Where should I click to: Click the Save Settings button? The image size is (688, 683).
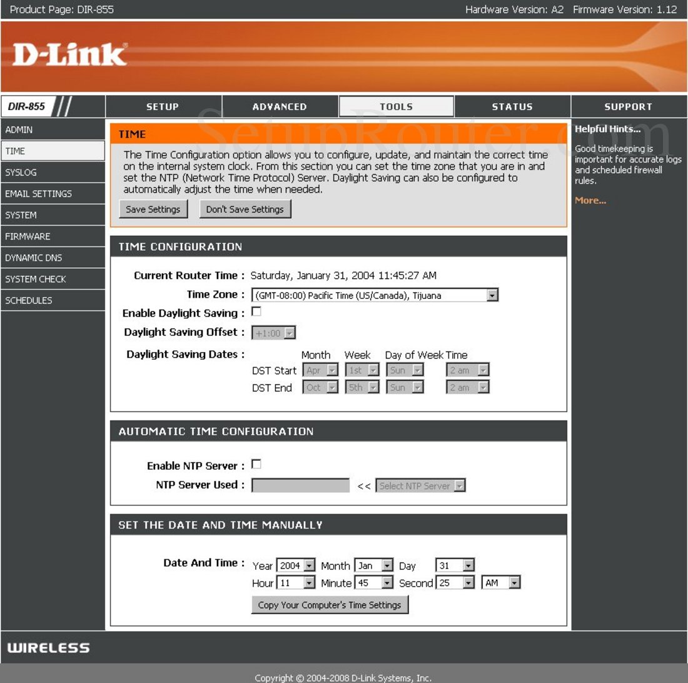(153, 210)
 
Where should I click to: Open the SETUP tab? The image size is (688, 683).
(163, 106)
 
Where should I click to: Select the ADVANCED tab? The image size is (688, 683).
(280, 106)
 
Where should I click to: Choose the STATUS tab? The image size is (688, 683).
(512, 106)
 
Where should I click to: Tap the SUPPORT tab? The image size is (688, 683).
(629, 106)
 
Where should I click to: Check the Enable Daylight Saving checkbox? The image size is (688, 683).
(256, 311)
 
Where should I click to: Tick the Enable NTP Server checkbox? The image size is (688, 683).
(256, 464)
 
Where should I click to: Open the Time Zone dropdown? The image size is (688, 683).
(375, 295)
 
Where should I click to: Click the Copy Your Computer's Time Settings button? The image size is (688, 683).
(330, 605)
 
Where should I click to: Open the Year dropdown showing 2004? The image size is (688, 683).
(296, 565)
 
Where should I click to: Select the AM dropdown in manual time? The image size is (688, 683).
(500, 582)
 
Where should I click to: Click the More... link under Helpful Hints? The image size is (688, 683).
(590, 201)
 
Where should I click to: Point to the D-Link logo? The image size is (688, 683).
(70, 54)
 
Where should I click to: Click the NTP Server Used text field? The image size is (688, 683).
(301, 485)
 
